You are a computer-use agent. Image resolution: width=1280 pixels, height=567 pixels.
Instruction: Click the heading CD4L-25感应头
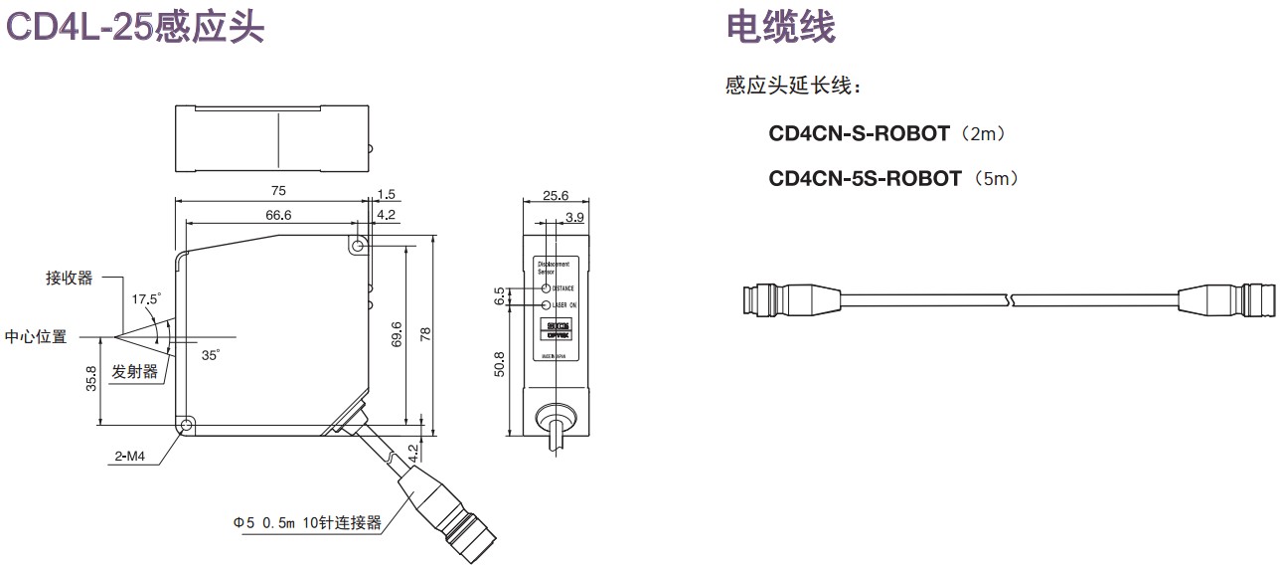[136, 26]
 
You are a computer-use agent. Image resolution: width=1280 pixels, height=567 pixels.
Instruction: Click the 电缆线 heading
[781, 26]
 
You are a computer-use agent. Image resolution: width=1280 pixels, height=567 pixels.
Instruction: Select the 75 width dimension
[278, 190]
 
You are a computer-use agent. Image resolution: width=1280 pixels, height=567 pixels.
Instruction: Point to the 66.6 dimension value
[278, 216]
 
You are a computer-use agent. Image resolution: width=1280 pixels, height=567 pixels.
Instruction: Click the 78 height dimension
[425, 336]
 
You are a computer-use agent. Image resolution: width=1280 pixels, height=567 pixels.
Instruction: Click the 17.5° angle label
[146, 298]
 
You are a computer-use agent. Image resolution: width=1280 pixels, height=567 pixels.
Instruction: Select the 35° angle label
[210, 354]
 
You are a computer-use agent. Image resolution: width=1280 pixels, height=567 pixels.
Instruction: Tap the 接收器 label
[69, 278]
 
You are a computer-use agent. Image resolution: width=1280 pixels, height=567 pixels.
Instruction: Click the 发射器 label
[135, 372]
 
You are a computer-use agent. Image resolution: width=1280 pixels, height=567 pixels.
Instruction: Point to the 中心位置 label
[36, 336]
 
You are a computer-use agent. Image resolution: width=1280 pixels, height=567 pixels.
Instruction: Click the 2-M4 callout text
[129, 457]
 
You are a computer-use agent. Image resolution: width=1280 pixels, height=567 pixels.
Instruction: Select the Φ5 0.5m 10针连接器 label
[307, 522]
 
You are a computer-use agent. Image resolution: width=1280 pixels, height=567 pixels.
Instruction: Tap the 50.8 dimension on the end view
[500, 364]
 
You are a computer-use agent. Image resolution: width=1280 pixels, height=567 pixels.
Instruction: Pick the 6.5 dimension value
[500, 296]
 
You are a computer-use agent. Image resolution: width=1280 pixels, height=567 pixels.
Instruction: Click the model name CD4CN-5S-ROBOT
[865, 178]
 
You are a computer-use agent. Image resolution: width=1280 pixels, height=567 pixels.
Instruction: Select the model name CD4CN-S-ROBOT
[859, 132]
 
